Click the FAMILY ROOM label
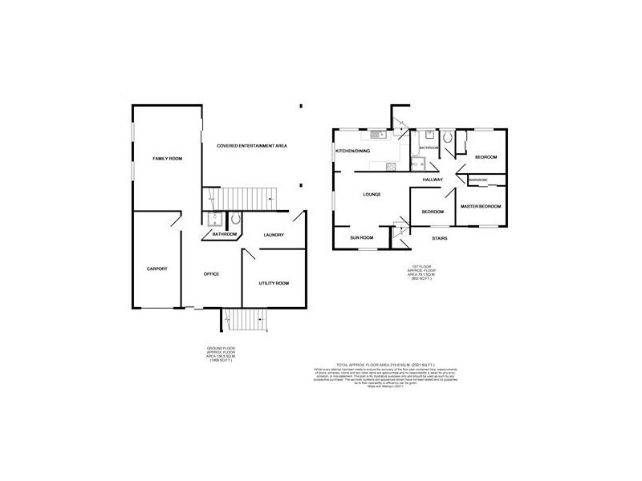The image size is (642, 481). click(x=168, y=160)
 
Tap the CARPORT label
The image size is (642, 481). click(x=156, y=269)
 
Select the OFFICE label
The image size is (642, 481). click(x=211, y=274)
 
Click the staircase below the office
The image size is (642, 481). click(x=241, y=323)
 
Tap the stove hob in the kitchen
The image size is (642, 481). click(x=390, y=166)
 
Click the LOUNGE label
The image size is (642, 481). click(x=371, y=195)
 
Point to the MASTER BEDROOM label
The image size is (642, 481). click(x=481, y=207)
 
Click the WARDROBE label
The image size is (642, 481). click(x=479, y=180)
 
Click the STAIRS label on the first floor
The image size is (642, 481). click(x=439, y=238)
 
